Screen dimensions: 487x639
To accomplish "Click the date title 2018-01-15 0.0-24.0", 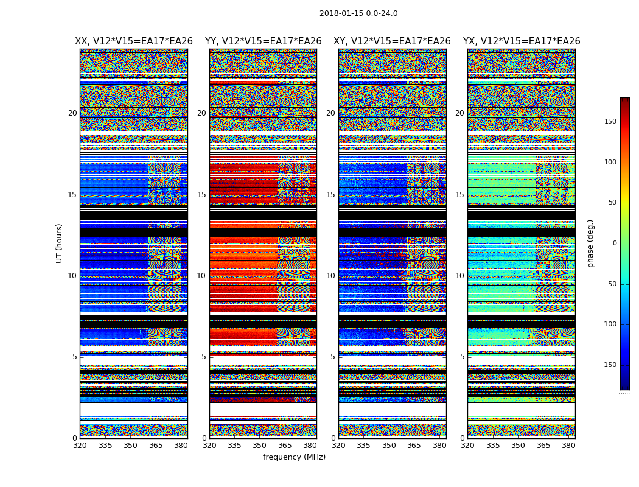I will tap(358, 13).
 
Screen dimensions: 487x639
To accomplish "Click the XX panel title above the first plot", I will tap(134, 41).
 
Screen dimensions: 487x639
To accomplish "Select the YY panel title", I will tap(263, 41).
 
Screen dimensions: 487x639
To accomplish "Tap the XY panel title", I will tap(392, 41).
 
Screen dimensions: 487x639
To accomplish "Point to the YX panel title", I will tap(522, 41).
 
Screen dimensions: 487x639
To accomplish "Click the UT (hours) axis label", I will tap(59, 243).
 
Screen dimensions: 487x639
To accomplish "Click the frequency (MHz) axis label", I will tap(294, 457).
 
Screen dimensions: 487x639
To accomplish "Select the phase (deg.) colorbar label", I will tap(590, 243).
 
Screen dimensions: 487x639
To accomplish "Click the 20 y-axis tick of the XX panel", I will tap(72, 113).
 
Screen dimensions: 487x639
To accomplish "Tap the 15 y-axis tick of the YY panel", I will tap(201, 195).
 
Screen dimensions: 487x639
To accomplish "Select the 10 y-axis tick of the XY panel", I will tap(330, 276).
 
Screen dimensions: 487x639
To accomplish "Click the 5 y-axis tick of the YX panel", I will tap(462, 357).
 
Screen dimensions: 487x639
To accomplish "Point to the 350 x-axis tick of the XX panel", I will tap(130, 446).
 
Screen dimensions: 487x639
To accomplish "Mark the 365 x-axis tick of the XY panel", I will tap(414, 446).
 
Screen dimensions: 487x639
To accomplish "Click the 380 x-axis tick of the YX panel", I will tap(568, 446).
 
